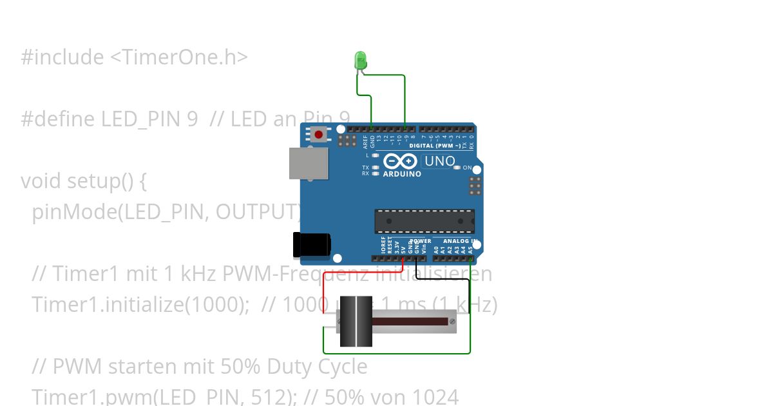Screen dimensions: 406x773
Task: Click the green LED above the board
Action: point(360,61)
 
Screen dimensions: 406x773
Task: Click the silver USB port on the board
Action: point(308,163)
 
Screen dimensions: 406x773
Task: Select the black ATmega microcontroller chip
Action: point(425,221)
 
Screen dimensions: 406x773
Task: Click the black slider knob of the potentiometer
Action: point(356,321)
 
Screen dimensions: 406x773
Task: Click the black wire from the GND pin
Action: point(444,279)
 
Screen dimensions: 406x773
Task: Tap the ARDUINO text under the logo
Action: point(402,174)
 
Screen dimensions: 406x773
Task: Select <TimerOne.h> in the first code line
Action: point(178,57)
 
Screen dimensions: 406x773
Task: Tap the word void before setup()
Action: point(41,181)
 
